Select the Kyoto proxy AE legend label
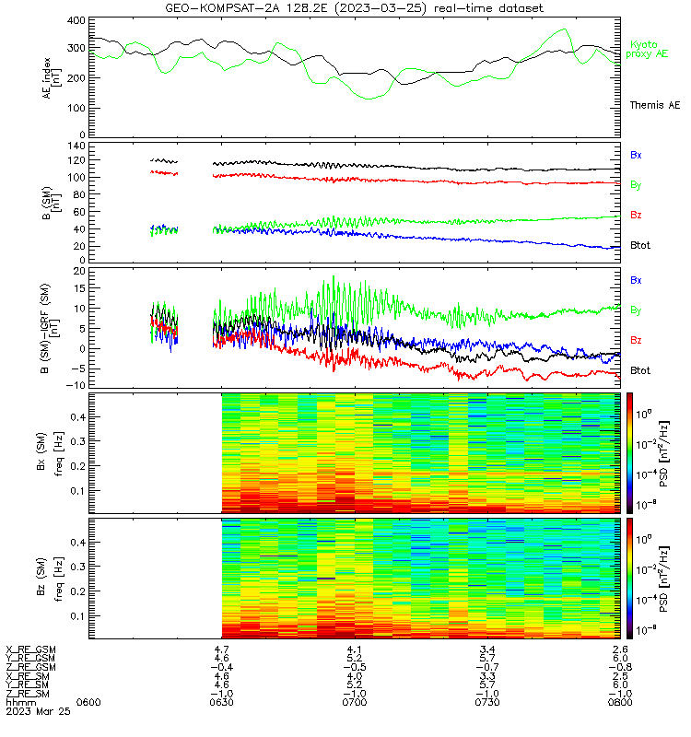coord(647,50)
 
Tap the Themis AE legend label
coord(655,105)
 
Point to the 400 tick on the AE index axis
coord(76,20)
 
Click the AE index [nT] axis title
coord(52,78)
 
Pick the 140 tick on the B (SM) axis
coord(76,146)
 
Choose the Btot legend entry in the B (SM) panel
coord(640,245)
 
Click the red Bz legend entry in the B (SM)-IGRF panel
coord(636,340)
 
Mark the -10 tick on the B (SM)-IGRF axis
coord(76,385)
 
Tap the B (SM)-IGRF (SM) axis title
coord(51,328)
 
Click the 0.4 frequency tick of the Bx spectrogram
coord(78,417)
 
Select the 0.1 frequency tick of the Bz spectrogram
coord(78,615)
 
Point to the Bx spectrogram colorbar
coord(629,452)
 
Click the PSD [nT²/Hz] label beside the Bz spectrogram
coord(663,579)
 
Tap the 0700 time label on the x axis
coord(355,702)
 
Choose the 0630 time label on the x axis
coord(221,702)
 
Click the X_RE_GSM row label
coord(30,649)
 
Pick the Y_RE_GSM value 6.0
coord(620,658)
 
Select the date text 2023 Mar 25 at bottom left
coord(38,711)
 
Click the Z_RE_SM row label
coord(28,694)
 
